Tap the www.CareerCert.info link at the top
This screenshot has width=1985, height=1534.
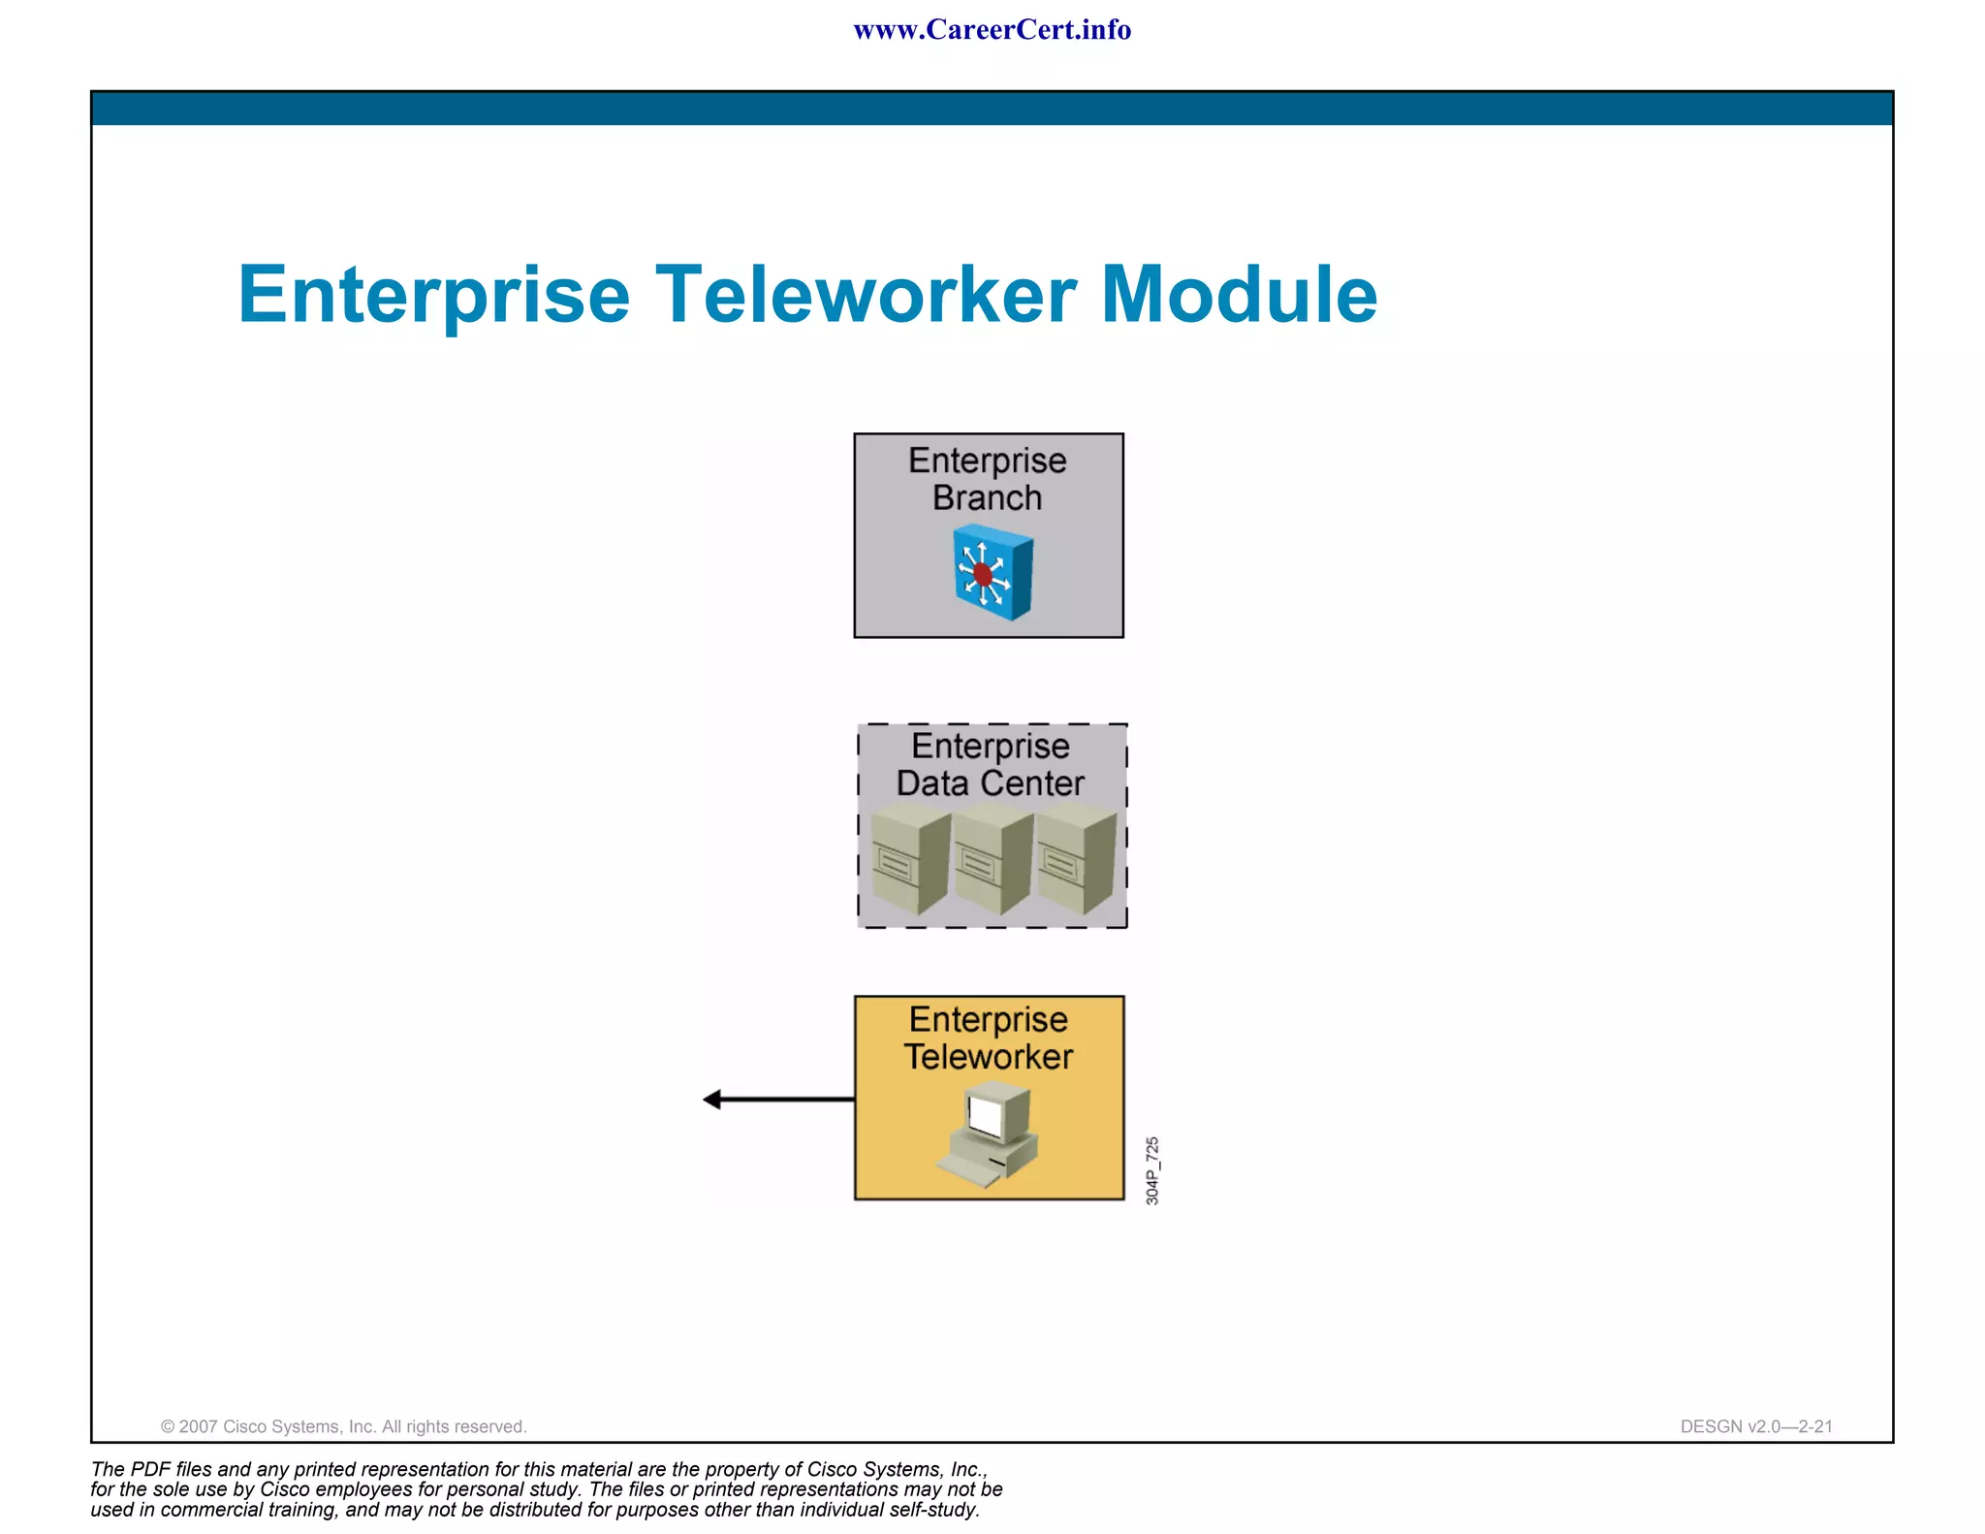(992, 30)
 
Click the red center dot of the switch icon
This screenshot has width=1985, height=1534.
(983, 574)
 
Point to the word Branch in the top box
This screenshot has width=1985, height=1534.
(987, 498)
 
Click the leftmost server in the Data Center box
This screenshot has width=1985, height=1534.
(909, 862)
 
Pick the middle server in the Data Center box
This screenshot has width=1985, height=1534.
(992, 862)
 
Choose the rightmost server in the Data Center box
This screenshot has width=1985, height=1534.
(1074, 862)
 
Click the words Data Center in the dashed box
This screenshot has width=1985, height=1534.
(990, 783)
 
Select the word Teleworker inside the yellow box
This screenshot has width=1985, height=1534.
(989, 1057)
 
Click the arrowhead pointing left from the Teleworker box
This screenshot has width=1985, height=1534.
(712, 1100)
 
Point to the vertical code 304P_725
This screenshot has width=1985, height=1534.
(1151, 1170)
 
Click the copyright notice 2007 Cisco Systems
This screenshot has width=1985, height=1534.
(343, 1426)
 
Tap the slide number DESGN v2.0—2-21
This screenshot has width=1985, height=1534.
(1756, 1426)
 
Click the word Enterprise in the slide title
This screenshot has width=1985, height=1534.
(434, 296)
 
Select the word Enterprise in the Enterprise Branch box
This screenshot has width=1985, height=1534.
(987, 461)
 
